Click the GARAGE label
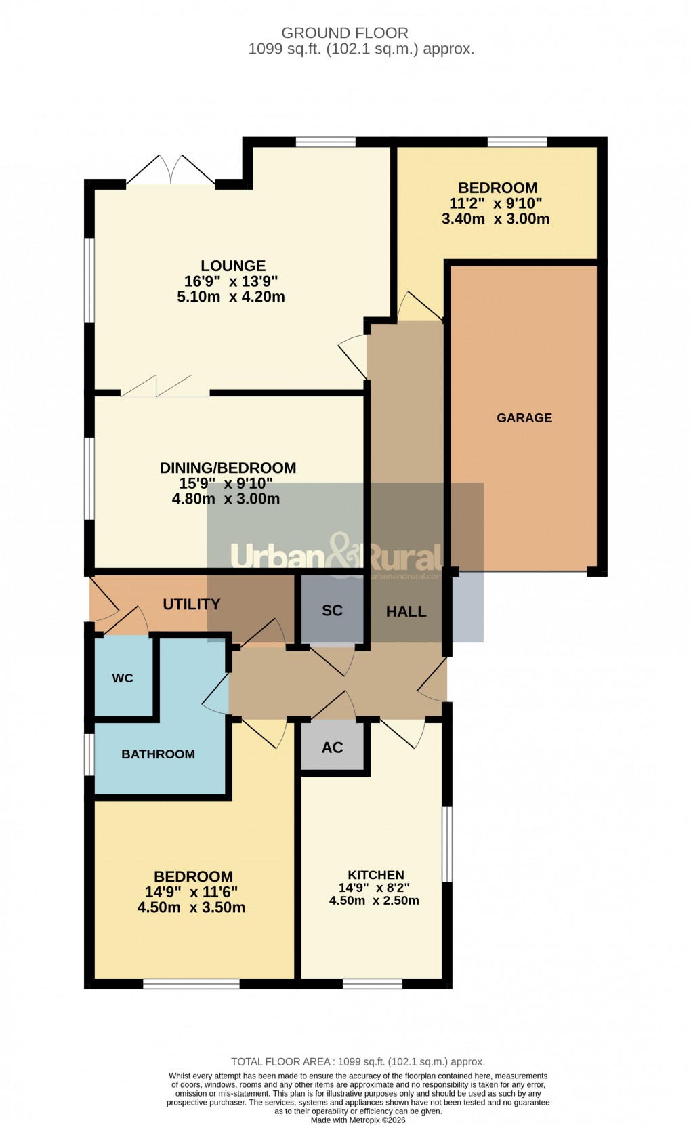point(524,418)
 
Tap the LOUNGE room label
point(232,266)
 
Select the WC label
point(123,678)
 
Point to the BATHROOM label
point(158,754)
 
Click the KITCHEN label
point(376,875)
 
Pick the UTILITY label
point(192,605)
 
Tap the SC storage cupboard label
point(332,611)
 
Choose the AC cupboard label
point(332,748)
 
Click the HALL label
point(406,612)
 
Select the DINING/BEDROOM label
point(228,468)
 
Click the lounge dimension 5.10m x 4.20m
point(230,297)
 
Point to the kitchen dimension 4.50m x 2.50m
point(374,901)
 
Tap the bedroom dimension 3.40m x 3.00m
point(495,219)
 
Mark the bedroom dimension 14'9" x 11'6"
point(191,893)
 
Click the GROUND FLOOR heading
point(345,33)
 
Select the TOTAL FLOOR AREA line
point(358,1062)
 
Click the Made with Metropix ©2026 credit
point(358,1120)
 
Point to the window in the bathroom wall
point(89,754)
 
